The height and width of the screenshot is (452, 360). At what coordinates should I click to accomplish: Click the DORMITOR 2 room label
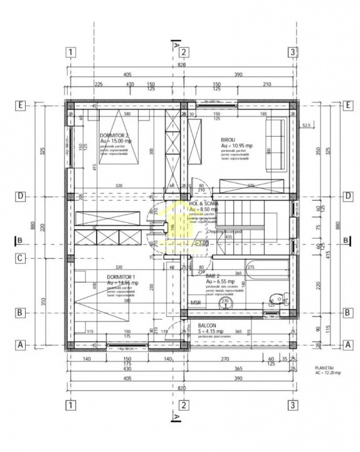114,136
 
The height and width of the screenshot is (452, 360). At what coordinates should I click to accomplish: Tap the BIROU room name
228,140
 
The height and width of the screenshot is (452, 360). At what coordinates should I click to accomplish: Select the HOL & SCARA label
204,204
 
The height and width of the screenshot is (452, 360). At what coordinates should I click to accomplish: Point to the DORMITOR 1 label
120,276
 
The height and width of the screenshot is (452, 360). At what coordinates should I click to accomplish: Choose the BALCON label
207,326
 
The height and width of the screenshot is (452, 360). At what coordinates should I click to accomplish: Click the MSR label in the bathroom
195,302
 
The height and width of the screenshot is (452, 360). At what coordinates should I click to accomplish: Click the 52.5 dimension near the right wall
306,126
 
